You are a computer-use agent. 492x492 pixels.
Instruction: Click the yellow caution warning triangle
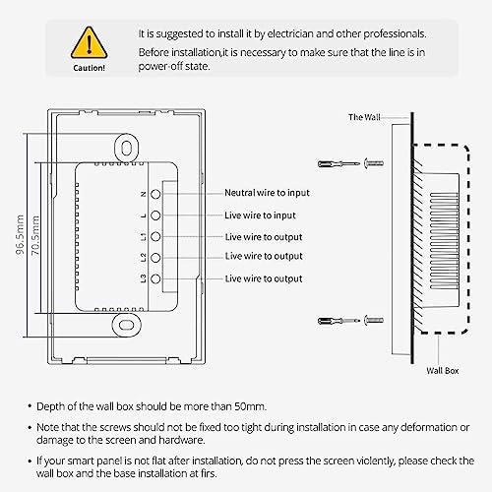pos(89,43)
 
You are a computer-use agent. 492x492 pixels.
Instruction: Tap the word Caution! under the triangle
pos(89,68)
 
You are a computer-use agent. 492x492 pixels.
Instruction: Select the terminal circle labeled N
pos(155,194)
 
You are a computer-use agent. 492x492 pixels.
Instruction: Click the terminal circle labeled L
pos(155,215)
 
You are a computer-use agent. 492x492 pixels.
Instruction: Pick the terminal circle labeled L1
pos(155,237)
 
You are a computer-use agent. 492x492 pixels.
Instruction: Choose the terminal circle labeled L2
pos(155,258)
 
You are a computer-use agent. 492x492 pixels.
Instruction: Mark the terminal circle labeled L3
pos(155,279)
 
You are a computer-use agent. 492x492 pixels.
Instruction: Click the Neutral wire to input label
pos(267,193)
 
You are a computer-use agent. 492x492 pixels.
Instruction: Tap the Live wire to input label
pos(260,215)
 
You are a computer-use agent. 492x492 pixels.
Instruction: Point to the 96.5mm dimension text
pos(20,234)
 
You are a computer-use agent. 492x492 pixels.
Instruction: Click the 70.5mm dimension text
pos(35,235)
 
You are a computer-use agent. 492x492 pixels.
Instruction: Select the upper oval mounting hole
pos(127,148)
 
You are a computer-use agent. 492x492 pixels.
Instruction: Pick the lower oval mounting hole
pos(126,325)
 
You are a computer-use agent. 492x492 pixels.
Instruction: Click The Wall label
pos(364,117)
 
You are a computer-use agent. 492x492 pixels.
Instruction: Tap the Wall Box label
pos(443,371)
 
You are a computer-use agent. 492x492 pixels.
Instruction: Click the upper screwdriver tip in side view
pos(358,163)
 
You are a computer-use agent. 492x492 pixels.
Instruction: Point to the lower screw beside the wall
pos(374,320)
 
